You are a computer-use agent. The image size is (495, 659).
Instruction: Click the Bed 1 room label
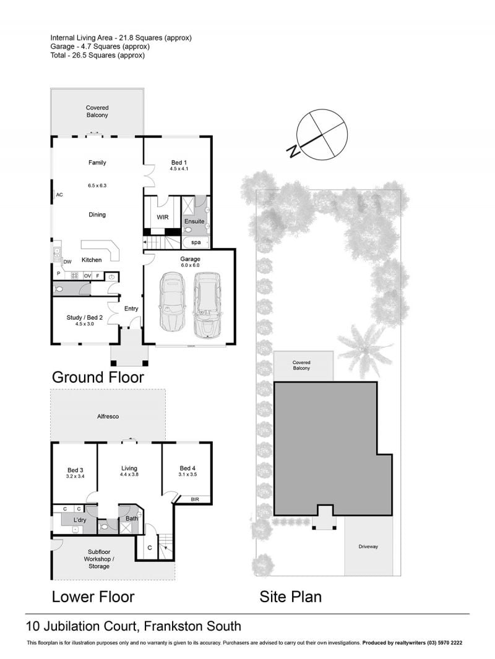179,163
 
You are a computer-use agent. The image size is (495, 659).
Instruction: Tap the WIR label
162,217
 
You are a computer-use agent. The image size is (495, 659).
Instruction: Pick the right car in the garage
207,305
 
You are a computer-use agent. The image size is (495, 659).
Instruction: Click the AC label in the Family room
59,195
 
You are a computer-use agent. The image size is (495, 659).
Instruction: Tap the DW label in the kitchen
67,261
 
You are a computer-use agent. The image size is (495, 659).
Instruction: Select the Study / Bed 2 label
85,317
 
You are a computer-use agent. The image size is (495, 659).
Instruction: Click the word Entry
131,308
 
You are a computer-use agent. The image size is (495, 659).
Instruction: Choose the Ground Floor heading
98,378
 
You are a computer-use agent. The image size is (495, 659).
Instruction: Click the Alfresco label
108,417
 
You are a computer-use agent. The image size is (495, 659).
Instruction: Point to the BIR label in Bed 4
195,500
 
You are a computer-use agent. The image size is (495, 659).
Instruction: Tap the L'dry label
80,520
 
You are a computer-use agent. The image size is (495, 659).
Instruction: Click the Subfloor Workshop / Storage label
99,559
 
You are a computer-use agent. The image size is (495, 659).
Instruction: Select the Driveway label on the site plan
368,546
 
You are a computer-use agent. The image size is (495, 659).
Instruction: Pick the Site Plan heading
291,597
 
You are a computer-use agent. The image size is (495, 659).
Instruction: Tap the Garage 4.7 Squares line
100,46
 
